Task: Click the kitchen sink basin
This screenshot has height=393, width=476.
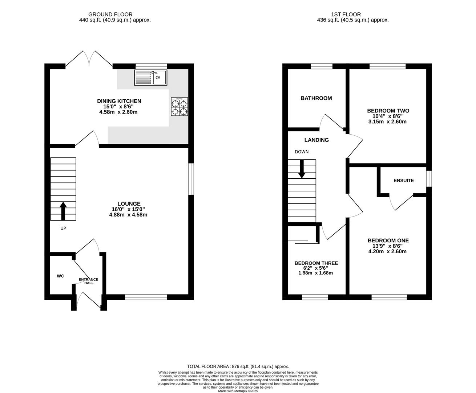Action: [x=160, y=77]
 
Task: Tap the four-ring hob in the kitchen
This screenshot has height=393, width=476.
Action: [x=179, y=107]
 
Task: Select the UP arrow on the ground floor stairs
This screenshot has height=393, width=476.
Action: [x=63, y=211]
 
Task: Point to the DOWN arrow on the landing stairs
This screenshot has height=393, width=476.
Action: [x=302, y=169]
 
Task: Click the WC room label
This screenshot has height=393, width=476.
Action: [x=60, y=276]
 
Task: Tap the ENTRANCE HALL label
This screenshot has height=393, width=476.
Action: [x=88, y=281]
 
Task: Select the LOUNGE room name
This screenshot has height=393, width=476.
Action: [x=129, y=203]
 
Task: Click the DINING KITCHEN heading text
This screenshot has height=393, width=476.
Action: [x=119, y=101]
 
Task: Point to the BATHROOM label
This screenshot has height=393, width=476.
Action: [x=316, y=98]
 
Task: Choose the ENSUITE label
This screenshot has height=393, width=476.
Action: [x=404, y=180]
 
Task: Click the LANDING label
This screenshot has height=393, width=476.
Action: [x=316, y=140]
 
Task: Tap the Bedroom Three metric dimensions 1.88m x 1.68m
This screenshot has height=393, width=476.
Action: [x=315, y=273]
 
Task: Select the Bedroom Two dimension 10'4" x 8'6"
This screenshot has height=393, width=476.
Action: [x=388, y=116]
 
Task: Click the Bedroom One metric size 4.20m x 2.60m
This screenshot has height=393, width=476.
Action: [x=388, y=251]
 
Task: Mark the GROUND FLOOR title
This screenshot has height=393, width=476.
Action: [x=110, y=15]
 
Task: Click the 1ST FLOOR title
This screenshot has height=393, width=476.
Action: [x=346, y=15]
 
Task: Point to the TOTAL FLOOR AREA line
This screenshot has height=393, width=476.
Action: [x=238, y=366]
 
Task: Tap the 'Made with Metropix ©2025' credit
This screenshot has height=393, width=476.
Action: [x=238, y=391]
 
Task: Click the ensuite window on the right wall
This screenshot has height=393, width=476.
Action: [x=429, y=179]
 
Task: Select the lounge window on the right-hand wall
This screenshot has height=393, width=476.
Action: [x=191, y=179]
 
